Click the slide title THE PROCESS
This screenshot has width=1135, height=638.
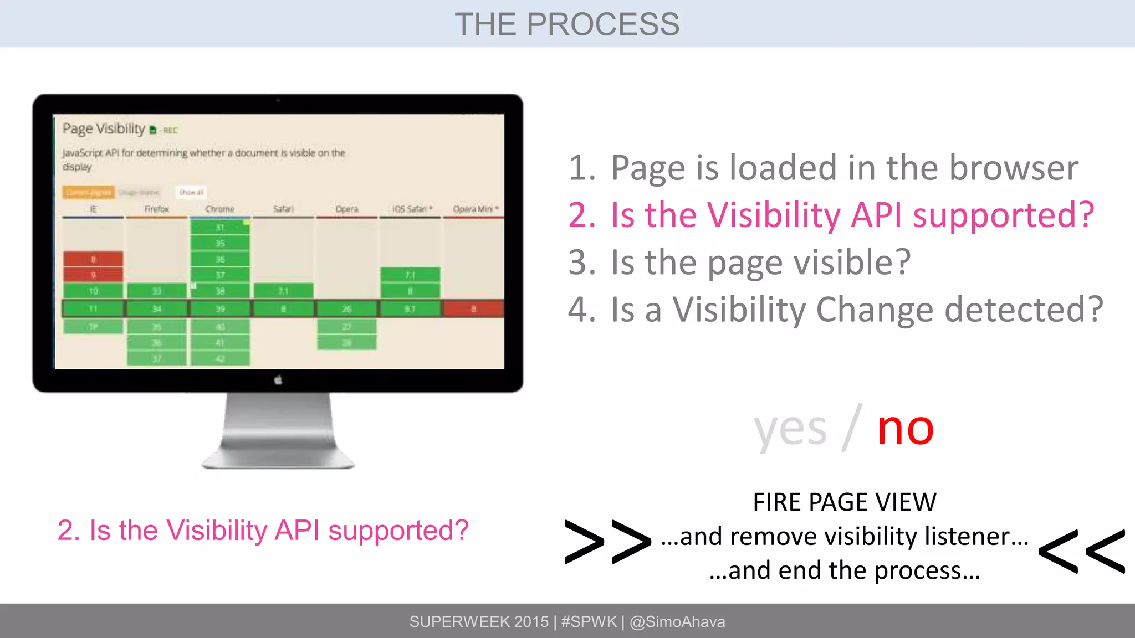[567, 24]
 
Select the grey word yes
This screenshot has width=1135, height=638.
[790, 430]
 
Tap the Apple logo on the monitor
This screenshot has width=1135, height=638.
[278, 380]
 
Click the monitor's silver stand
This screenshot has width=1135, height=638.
[278, 432]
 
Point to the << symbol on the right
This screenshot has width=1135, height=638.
[1081, 552]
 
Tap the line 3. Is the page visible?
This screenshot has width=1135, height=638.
[740, 263]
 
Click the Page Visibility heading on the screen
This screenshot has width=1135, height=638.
[104, 129]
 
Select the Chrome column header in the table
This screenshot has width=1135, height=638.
[219, 209]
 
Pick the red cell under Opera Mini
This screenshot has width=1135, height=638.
[473, 308]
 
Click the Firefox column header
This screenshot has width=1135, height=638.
[156, 209]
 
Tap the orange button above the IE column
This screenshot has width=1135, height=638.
[89, 192]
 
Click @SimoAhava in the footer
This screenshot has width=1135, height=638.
[677, 622]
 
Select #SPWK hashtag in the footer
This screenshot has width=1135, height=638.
[589, 622]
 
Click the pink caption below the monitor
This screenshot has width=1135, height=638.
[263, 531]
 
